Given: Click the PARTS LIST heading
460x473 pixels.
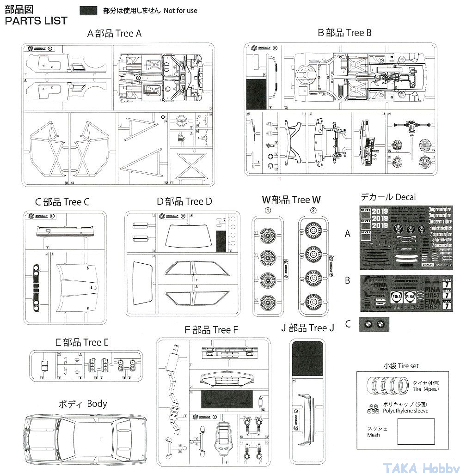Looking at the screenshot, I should [x=36, y=21].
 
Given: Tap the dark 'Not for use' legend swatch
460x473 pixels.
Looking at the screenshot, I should [x=88, y=11].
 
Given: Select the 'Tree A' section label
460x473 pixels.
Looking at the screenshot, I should [x=114, y=34].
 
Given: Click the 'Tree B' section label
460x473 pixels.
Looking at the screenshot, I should [x=345, y=33].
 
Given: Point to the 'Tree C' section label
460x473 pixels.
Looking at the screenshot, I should [x=62, y=202].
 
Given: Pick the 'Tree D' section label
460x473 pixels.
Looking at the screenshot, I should [x=184, y=201].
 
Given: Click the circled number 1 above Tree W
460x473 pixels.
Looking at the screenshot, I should [x=268, y=211].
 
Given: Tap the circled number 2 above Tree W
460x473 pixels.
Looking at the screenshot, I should [x=313, y=211].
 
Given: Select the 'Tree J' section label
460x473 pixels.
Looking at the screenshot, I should [x=307, y=328].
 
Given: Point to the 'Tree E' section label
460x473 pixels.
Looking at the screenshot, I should [x=82, y=342].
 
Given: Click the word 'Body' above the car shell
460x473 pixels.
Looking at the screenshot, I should [x=97, y=404].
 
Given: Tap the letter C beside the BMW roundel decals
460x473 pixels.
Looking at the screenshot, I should [x=348, y=324].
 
